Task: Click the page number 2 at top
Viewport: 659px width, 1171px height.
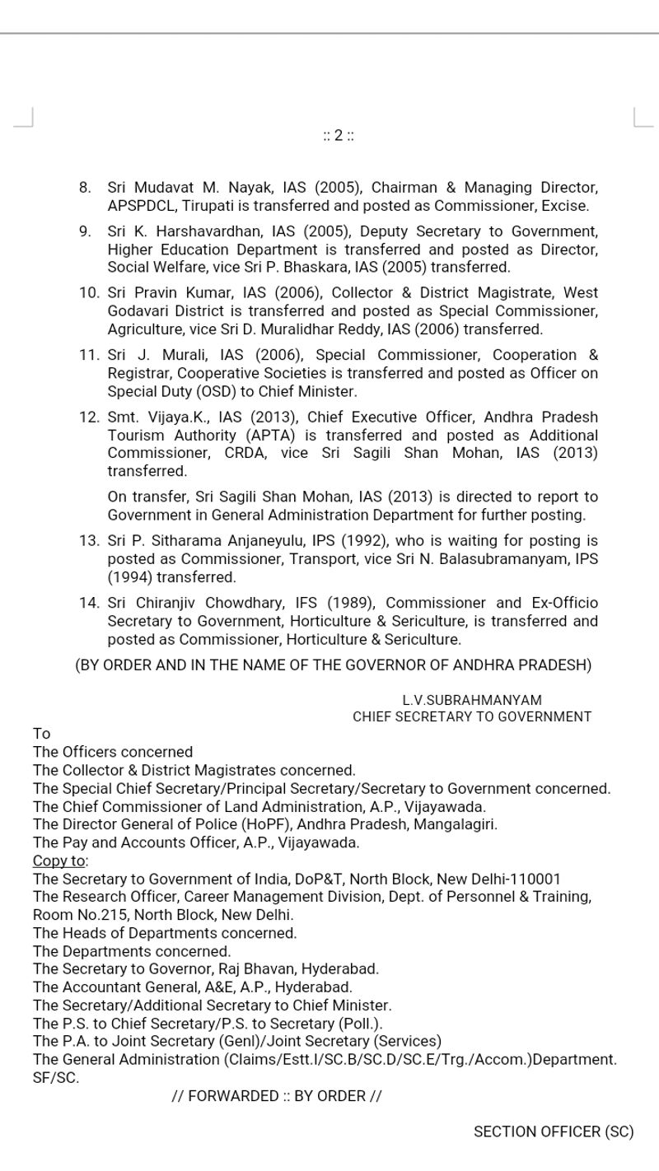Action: click(338, 136)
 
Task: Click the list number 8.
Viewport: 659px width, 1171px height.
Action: click(85, 188)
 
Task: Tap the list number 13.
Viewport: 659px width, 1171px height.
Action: click(88, 541)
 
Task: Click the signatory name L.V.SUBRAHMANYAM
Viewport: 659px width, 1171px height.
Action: click(472, 700)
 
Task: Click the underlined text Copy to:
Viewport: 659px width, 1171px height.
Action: click(59, 861)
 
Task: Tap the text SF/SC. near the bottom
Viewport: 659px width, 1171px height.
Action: click(56, 1078)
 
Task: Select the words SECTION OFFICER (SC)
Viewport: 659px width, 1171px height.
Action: click(554, 1132)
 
